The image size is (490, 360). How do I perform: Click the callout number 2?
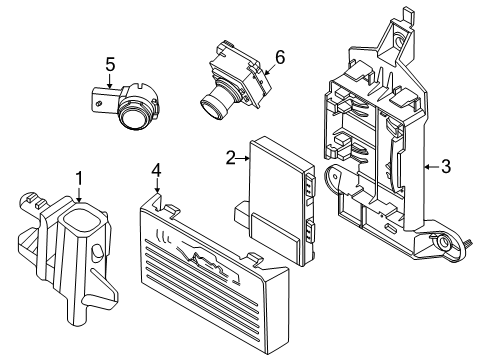coord(229,156)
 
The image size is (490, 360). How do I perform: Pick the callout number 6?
coord(280,58)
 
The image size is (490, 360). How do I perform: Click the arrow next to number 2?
coord(243,157)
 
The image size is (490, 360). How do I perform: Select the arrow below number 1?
coord(78,198)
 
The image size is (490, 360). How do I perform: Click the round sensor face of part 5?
coord(133,118)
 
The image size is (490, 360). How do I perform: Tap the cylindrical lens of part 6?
coord(212,103)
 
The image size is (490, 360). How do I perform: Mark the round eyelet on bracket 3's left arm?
coord(338,184)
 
